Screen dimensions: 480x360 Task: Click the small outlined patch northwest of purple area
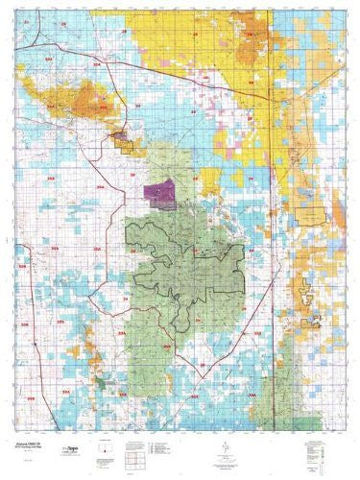coord(123,140)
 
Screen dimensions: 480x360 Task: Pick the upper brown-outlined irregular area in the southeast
coord(306,289)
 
